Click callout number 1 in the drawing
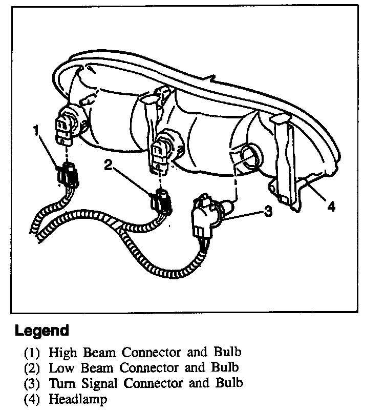[36, 131]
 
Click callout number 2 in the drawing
[109, 165]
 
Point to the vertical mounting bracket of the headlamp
[285, 159]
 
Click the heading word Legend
[42, 331]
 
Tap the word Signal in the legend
[97, 383]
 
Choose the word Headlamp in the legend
[78, 399]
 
